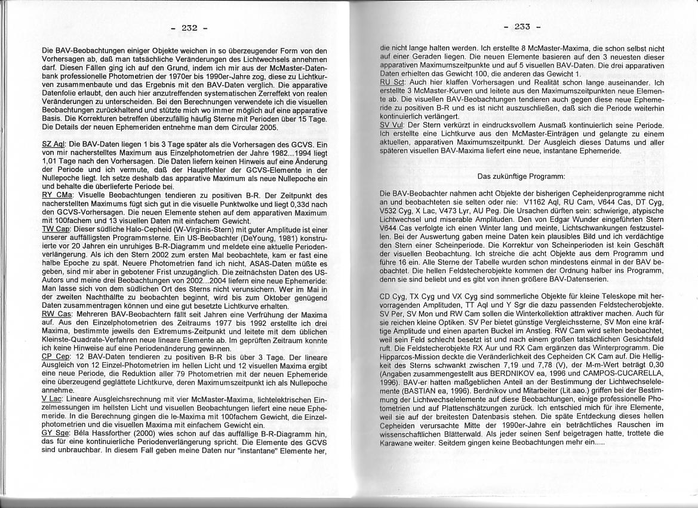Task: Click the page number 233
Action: click(x=521, y=27)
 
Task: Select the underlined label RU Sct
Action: click(x=392, y=81)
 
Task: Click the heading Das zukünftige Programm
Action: click(x=521, y=176)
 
